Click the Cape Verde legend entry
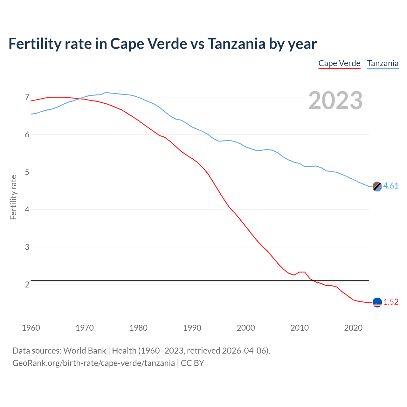[339, 63]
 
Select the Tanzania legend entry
[383, 63]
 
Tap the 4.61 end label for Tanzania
[391, 186]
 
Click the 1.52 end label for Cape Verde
[391, 302]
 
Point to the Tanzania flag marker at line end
[377, 187]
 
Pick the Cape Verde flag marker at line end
[377, 302]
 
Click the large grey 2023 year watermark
[335, 100]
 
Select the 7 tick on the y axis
[27, 97]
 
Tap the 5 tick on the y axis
[27, 172]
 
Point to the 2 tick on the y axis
[27, 285]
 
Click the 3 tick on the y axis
[27, 247]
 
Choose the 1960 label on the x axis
[31, 328]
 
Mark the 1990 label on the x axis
[192, 328]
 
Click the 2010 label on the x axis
[300, 328]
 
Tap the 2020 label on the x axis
[353, 328]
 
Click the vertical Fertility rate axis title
[13, 197]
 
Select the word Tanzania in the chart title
[236, 44]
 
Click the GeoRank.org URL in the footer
[93, 363]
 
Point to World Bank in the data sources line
[85, 351]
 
